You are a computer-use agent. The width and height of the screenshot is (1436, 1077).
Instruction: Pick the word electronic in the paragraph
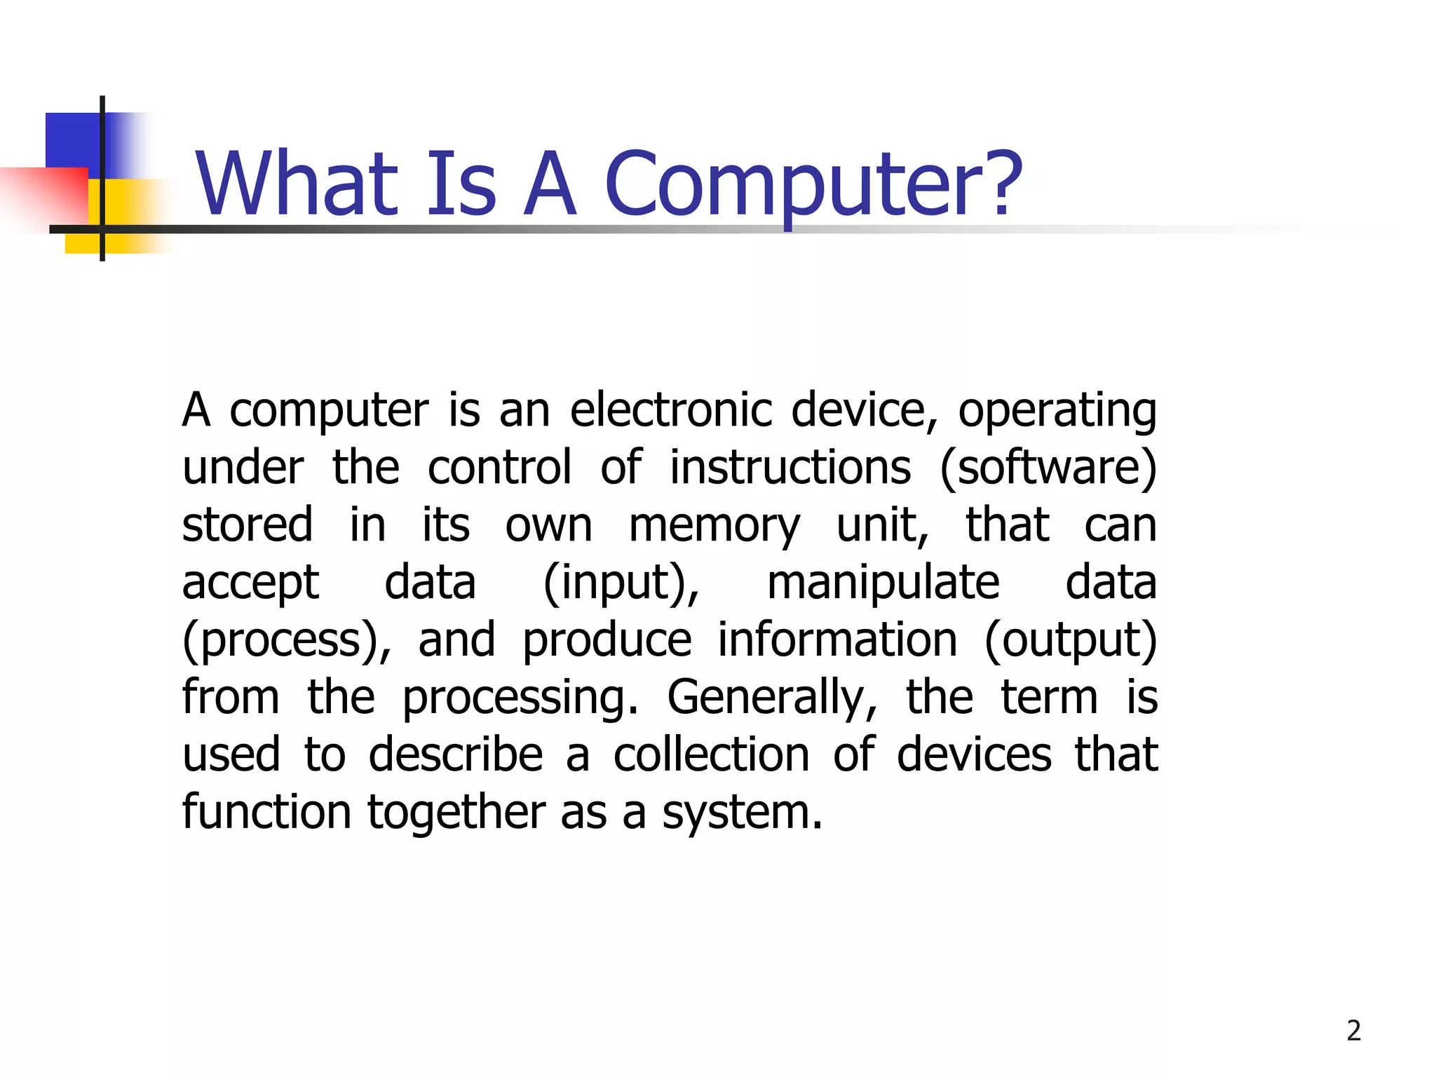[x=670, y=409]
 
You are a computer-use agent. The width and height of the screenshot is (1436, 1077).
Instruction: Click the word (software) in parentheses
[x=1048, y=468]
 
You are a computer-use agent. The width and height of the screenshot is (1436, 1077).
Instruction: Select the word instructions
[x=790, y=468]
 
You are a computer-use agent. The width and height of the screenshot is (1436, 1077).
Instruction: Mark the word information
[x=837, y=639]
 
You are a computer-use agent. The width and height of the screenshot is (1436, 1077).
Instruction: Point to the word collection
[x=711, y=755]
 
